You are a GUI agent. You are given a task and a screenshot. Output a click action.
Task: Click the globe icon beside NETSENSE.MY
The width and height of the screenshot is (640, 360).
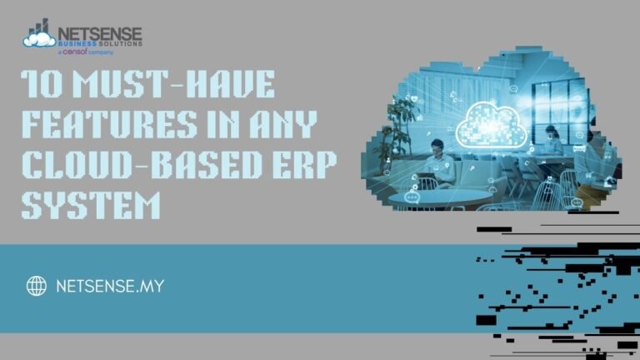36,287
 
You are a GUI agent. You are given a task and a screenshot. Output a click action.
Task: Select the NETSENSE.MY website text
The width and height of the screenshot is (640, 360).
109,287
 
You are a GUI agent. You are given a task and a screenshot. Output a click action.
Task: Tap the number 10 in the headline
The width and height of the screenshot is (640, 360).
38,86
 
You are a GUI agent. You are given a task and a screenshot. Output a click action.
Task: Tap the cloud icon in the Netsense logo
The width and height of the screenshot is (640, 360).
39,36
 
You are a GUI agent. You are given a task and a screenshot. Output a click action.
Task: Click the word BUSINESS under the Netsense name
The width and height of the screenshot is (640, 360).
78,44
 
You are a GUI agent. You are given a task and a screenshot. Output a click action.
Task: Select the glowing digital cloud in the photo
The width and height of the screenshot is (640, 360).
494,121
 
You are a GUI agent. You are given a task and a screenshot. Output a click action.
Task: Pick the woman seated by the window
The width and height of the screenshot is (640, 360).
552,143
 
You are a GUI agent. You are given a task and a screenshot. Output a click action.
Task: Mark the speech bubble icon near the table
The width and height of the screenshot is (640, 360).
411,198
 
